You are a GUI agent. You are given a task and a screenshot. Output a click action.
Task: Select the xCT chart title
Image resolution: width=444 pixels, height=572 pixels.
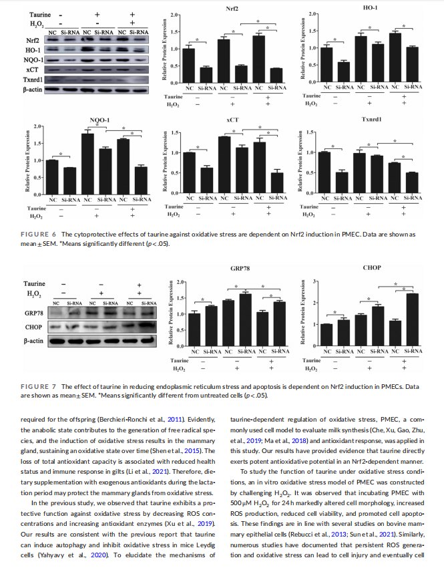click(232, 119)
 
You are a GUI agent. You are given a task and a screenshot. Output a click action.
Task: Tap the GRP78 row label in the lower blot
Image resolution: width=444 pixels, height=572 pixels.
click(33, 313)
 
